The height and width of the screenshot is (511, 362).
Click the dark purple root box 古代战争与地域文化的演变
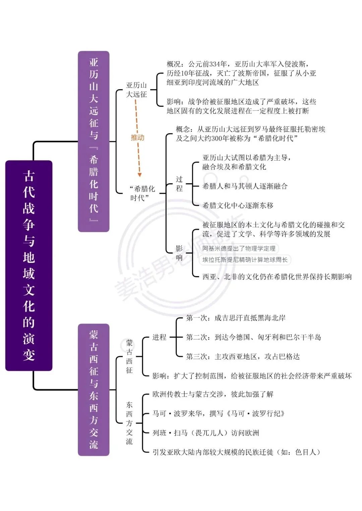(29, 265)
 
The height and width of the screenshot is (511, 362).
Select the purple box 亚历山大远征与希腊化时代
(94, 142)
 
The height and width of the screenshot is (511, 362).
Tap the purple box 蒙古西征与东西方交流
(94, 390)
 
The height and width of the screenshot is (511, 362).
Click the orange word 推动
(137, 138)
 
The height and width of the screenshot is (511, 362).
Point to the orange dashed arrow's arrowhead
(139, 175)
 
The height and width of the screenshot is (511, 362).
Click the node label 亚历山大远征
(136, 90)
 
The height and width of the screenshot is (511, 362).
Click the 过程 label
(179, 184)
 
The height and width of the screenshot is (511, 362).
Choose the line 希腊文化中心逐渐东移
(238, 205)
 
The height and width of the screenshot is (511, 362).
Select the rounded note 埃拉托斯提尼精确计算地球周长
(245, 260)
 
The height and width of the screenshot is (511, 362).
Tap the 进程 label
(159, 337)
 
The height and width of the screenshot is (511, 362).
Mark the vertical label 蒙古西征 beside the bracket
(129, 356)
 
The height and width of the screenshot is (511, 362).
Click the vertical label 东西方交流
(129, 423)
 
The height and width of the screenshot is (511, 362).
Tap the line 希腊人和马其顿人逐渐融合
(245, 186)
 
